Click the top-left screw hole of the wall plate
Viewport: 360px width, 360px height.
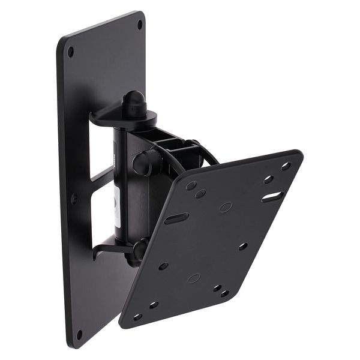point(70,52)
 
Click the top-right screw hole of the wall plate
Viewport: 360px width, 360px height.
point(140,25)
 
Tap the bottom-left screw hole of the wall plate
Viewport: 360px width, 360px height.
point(79,334)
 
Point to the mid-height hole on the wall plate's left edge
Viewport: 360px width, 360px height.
point(74,198)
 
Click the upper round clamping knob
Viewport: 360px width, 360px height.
point(143,163)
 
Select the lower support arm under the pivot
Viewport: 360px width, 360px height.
point(108,248)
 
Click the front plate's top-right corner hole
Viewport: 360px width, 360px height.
point(286,166)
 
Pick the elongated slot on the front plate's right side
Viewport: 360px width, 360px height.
point(272,196)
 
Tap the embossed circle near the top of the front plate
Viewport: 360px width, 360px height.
point(225,207)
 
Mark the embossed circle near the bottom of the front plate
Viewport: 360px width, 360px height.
point(194,278)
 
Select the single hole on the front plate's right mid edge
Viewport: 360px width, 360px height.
point(242,246)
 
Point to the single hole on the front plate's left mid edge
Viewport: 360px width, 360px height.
point(163,266)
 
